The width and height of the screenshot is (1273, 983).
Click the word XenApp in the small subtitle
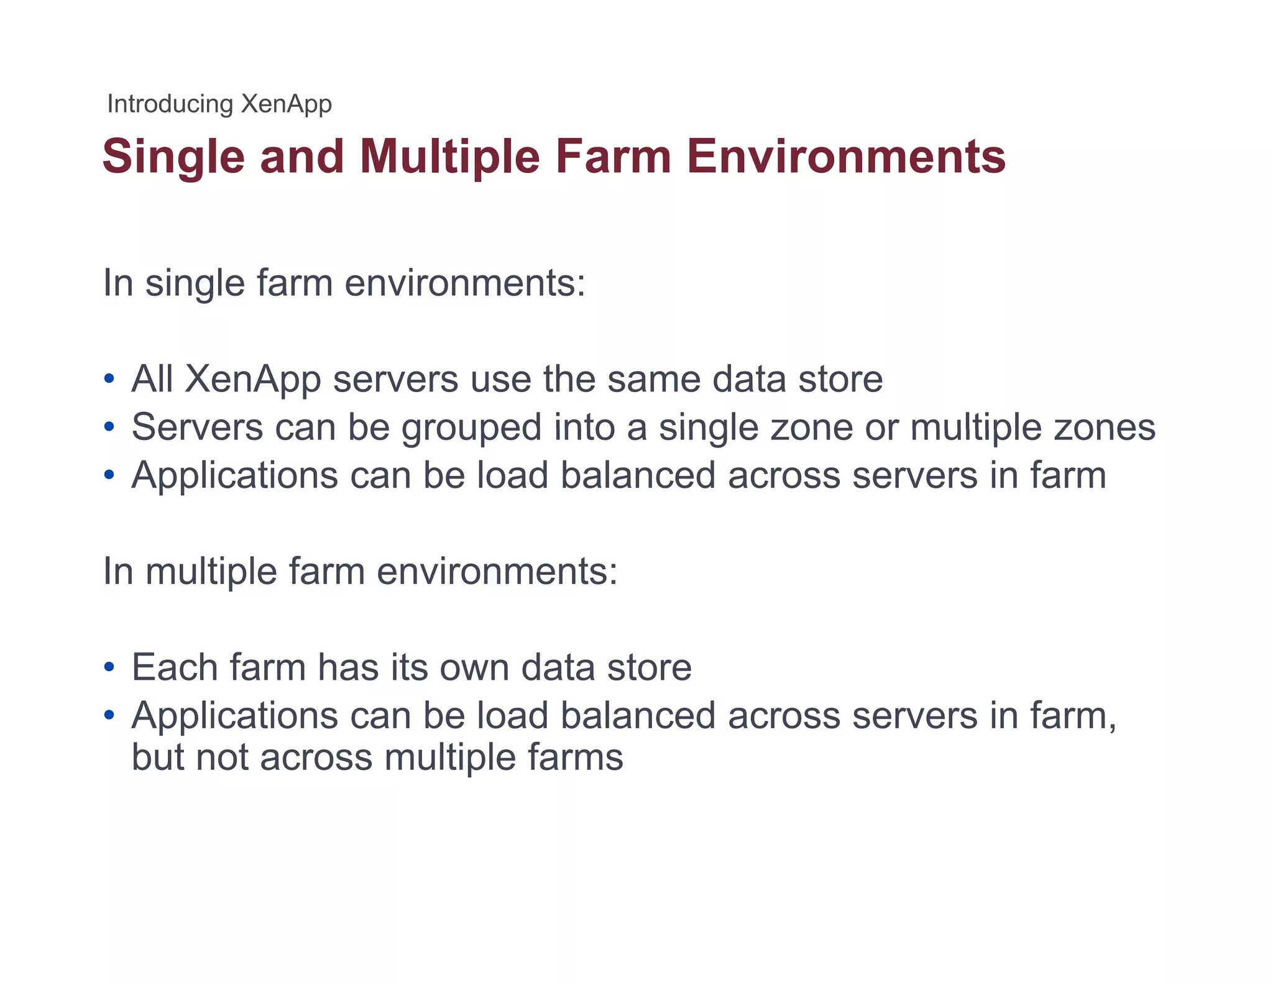[x=286, y=104]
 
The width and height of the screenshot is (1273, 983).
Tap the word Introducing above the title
[x=170, y=104]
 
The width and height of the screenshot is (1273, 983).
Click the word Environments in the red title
[x=846, y=156]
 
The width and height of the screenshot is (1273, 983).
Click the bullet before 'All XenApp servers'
[x=109, y=378]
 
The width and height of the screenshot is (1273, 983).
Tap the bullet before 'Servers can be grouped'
[x=109, y=427]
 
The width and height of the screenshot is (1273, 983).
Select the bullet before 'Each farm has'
[x=109, y=667]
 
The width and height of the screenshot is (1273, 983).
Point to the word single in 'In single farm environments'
[x=194, y=283]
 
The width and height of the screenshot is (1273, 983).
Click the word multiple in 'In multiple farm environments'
[x=211, y=572]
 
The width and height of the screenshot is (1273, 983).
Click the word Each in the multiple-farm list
[x=174, y=667]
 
